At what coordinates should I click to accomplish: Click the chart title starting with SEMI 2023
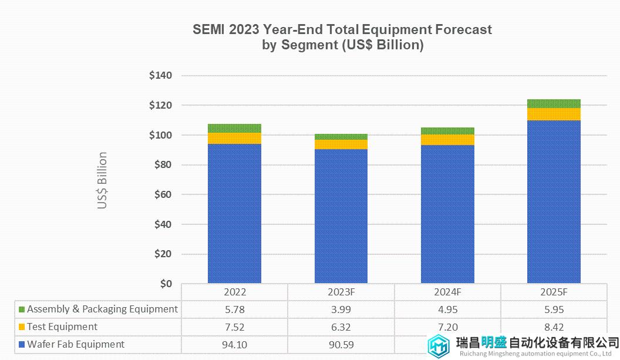pyautogui.click(x=342, y=37)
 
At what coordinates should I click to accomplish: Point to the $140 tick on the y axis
pyautogui.click(x=160, y=76)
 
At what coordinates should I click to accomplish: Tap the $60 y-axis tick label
pyautogui.click(x=163, y=195)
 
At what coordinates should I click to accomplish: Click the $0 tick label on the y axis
pyautogui.click(x=166, y=284)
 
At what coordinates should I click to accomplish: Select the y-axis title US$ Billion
pyautogui.click(x=103, y=180)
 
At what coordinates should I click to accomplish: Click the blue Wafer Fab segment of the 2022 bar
pyautogui.click(x=234, y=214)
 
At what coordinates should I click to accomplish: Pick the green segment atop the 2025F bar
pyautogui.click(x=554, y=104)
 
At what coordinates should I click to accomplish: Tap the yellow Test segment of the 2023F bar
pyautogui.click(x=341, y=144)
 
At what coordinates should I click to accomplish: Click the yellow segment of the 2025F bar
pyautogui.click(x=554, y=114)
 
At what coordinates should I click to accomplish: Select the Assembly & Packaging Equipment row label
pyautogui.click(x=102, y=309)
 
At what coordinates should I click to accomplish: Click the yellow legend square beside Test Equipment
pyautogui.click(x=22, y=327)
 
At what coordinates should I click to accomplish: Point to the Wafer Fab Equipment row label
pyautogui.click(x=76, y=345)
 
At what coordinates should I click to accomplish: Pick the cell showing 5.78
pyautogui.click(x=234, y=309)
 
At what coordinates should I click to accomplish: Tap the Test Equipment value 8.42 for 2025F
pyautogui.click(x=554, y=327)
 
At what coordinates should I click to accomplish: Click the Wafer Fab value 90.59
pyautogui.click(x=341, y=345)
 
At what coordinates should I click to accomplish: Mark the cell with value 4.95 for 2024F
pyautogui.click(x=447, y=309)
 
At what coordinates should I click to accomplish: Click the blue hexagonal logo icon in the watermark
pyautogui.click(x=439, y=346)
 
